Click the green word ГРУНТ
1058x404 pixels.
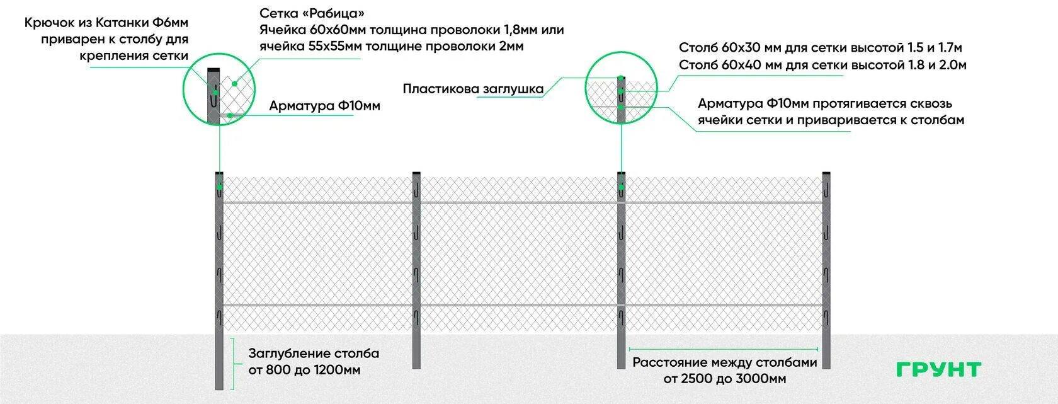[x=938, y=370]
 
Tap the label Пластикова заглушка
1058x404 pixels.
[x=473, y=89]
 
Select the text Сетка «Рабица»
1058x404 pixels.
[x=312, y=13]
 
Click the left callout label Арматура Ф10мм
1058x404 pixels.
[x=324, y=106]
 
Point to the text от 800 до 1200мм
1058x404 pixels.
[x=305, y=370]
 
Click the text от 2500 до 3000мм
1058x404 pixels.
[x=724, y=379]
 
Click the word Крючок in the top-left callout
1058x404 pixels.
[x=50, y=23]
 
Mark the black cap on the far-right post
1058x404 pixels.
[x=826, y=173]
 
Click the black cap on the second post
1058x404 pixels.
[x=416, y=173]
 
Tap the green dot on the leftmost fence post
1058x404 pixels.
[x=219, y=187]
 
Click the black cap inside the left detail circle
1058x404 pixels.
[x=214, y=69]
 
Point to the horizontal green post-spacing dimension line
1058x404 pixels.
[x=723, y=349]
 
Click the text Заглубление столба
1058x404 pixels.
[x=314, y=354]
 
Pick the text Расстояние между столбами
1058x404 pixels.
[x=724, y=362]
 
